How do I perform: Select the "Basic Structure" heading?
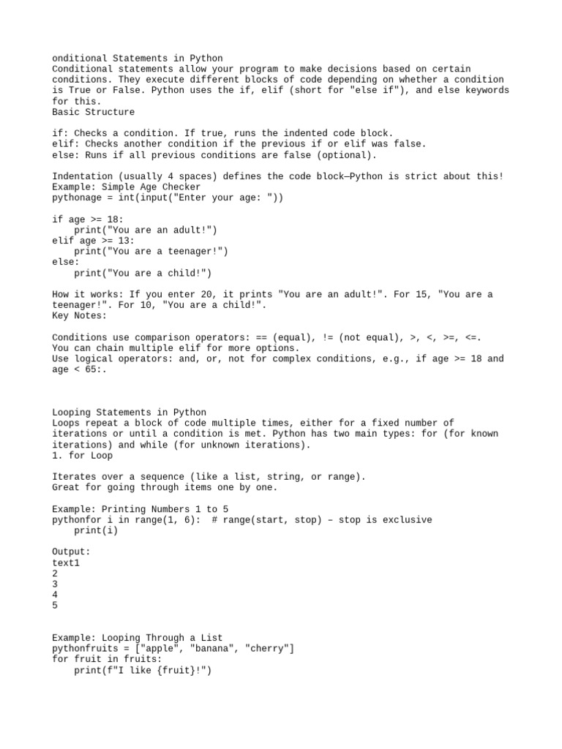(94, 112)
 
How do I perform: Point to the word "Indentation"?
(83, 176)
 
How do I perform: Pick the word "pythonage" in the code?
(77, 197)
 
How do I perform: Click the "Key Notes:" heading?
(80, 316)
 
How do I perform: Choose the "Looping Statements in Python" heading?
(130, 412)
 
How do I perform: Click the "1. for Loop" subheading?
(83, 455)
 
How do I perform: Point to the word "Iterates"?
(75, 477)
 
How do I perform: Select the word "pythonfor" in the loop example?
(77, 520)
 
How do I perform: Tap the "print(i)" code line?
(96, 530)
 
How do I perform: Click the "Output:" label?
(72, 552)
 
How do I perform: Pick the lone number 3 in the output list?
(56, 584)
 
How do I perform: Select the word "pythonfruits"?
(85, 649)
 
